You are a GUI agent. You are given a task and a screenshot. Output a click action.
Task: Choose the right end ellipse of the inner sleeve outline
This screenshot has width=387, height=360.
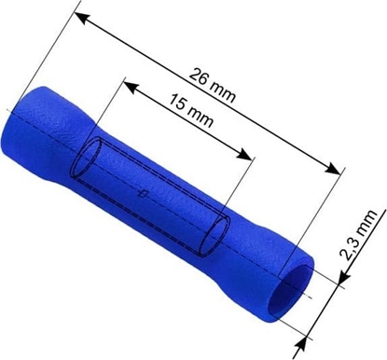click(x=216, y=232)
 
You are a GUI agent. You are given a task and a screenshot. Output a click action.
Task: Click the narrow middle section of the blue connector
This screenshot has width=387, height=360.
click(x=149, y=187)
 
